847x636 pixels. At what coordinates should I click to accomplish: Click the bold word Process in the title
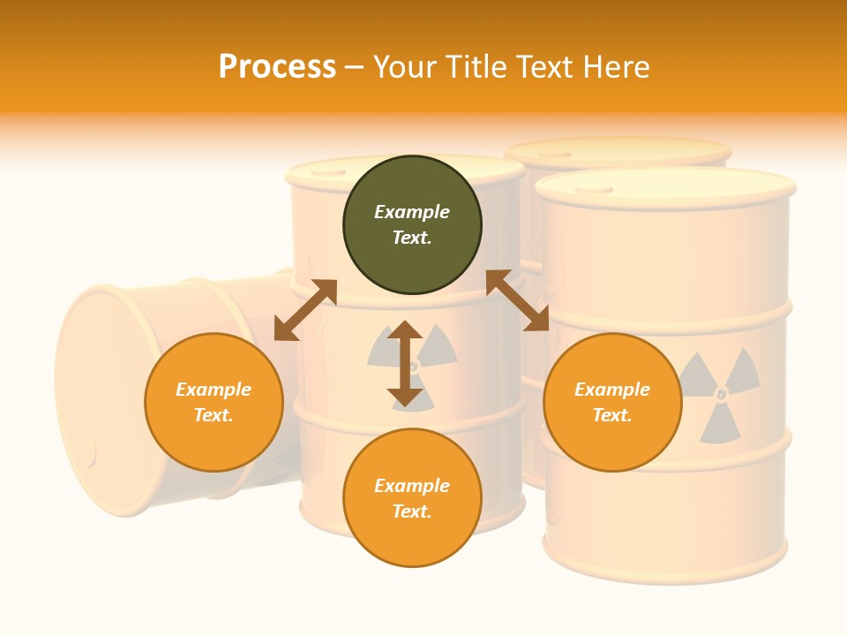277,66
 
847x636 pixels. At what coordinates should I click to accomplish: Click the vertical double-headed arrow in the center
405,363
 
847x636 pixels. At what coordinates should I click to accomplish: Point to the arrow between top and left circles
305,310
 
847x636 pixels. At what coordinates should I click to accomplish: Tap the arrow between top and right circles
517,300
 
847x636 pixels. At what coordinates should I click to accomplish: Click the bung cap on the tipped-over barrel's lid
87,450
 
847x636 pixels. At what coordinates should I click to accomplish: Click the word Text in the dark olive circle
411,238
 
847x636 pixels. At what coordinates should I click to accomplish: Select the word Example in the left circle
214,390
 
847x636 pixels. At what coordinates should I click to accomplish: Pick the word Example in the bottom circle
412,486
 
